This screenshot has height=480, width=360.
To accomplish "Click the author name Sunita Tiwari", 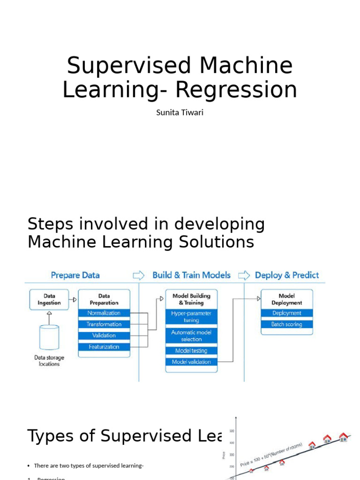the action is [180, 113].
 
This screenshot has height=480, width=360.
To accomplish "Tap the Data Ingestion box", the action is [49, 299].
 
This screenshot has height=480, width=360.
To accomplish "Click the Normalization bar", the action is [104, 313].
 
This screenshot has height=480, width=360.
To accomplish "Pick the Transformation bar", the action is [104, 324].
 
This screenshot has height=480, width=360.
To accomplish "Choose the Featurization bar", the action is [104, 347].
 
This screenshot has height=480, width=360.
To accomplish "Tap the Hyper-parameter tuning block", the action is [191, 317].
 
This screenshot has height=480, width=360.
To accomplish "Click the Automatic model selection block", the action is [191, 336].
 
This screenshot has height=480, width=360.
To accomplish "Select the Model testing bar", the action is [191, 351].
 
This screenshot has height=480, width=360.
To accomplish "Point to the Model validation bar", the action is [191, 362].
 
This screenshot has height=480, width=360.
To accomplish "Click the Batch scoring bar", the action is [286, 324].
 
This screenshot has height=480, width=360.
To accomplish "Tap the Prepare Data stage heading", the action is [75, 275].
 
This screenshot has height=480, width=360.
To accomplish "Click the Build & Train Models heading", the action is [191, 275].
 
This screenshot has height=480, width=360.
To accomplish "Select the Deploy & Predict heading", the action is [286, 275].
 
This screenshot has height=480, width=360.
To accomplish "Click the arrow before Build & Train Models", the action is [139, 275].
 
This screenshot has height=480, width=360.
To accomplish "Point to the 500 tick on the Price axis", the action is [232, 431].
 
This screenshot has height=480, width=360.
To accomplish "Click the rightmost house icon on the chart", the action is [344, 437].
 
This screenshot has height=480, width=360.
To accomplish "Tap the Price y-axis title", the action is [224, 454].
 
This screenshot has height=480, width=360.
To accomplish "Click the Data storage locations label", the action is [49, 361].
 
